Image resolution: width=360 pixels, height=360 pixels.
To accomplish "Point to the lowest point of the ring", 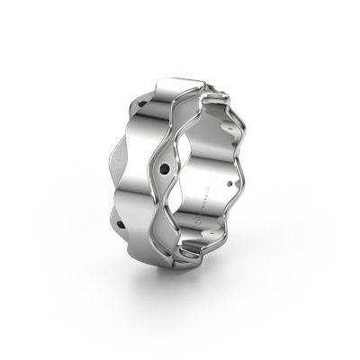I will pos(175,285).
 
